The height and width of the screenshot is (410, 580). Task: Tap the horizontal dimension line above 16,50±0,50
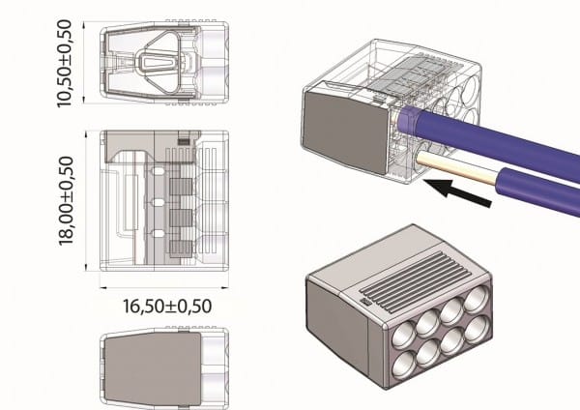(x=165, y=287)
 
